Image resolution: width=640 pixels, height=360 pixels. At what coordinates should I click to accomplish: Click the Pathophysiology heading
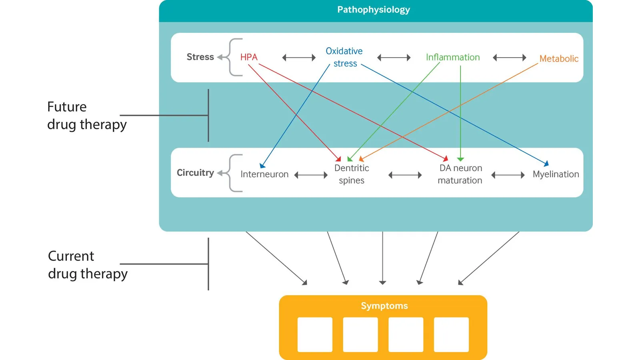(374, 10)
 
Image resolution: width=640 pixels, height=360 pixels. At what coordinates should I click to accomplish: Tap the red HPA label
(249, 57)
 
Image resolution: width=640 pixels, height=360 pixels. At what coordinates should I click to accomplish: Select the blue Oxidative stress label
(344, 57)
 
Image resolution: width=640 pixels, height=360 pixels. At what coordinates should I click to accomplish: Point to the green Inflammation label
(453, 57)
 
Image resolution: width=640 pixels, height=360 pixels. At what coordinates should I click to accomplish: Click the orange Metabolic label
(559, 58)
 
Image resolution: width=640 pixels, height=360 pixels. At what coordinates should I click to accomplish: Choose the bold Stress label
(200, 57)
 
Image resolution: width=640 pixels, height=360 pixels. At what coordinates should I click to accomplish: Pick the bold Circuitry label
(196, 172)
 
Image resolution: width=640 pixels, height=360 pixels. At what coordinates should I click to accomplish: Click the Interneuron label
(264, 174)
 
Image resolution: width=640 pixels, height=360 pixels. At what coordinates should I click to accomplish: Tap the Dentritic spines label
(352, 174)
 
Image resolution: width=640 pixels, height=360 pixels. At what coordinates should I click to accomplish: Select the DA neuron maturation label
(460, 174)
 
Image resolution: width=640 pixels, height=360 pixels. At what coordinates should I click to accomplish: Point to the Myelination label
(556, 174)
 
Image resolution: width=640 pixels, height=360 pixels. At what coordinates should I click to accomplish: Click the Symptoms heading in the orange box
(384, 306)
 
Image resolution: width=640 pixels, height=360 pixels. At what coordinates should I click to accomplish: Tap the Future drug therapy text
(87, 116)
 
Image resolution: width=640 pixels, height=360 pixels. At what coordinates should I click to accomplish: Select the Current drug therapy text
(88, 264)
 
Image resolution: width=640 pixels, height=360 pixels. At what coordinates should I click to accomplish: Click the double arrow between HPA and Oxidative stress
(299, 58)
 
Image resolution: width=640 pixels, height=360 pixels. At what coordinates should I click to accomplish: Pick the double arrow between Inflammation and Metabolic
(510, 58)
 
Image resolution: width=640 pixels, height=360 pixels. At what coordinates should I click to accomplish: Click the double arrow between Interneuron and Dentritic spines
(311, 175)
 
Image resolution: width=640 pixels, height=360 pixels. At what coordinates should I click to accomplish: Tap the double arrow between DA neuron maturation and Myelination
(508, 175)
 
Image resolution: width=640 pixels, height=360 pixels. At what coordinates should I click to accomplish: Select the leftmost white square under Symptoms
(315, 334)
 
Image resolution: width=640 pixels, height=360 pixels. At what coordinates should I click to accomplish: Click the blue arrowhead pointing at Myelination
(546, 164)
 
